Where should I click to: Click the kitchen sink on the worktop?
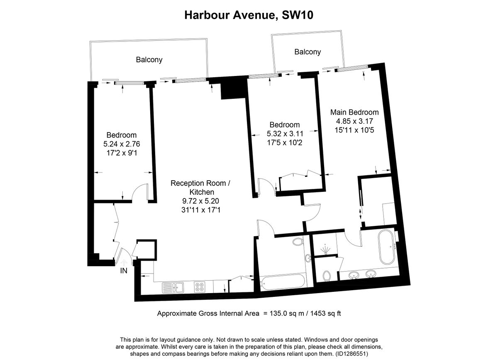pos(173,287)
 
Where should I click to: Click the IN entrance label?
pos(123,271)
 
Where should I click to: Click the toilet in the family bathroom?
pos(297,242)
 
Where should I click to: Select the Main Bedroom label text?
pos(354,112)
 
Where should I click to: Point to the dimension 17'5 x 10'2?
pos(284,142)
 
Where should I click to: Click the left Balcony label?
pos(149,60)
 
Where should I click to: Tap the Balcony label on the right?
pos(308,52)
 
